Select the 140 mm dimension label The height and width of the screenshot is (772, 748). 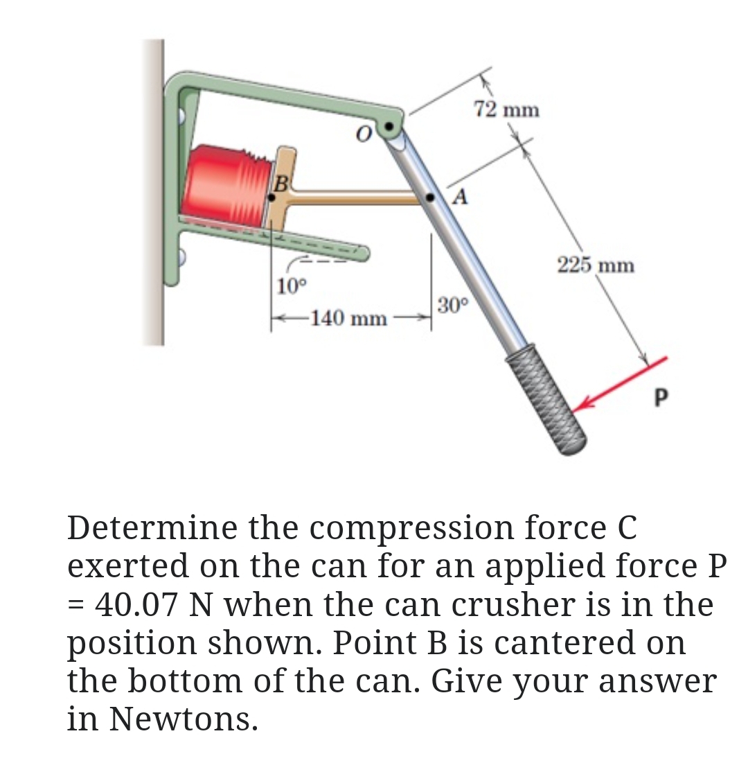click(348, 319)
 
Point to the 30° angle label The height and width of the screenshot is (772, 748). click(454, 304)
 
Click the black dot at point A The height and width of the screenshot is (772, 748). click(431, 198)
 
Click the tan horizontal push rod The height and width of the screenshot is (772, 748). click(360, 199)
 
